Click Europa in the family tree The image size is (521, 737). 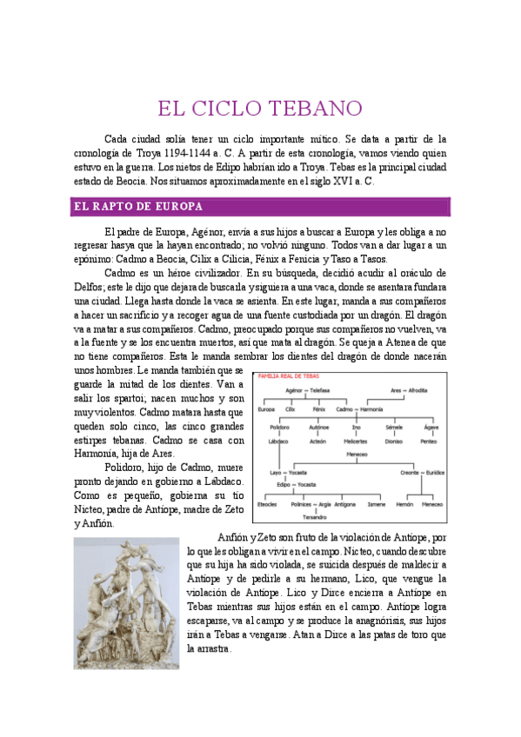(267, 409)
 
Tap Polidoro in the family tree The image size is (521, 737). (279, 428)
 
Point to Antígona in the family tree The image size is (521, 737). (344, 503)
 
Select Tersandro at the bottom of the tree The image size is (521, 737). (304, 516)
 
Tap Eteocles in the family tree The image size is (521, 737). (266, 503)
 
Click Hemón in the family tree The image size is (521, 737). (404, 503)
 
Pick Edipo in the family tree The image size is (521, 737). (278, 483)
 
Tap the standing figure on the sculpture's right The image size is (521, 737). (162, 600)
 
